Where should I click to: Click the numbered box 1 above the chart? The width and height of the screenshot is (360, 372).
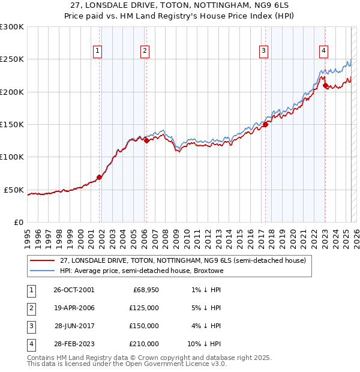97,51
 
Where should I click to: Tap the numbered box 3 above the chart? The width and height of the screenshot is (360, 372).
263,51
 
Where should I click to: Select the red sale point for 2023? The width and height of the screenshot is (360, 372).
325,86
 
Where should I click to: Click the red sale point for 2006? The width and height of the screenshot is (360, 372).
146,141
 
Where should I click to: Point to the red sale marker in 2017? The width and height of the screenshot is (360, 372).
265,125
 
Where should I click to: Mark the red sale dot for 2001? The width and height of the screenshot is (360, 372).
99,177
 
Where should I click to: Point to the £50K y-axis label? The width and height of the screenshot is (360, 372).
13,190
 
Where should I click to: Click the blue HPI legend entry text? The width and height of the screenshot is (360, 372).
142,271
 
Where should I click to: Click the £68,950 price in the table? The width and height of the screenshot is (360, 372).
146,290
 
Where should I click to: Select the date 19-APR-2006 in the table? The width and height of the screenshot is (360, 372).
74,308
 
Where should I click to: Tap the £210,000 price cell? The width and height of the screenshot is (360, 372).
145,344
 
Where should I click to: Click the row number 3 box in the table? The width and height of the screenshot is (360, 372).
30,326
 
